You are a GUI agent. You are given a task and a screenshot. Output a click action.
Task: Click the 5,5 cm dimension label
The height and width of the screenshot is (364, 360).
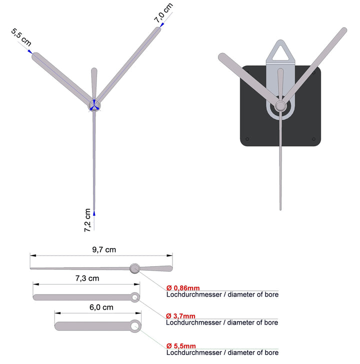coord(21,37)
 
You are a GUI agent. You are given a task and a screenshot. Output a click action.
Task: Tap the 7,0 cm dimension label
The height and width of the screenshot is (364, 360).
coord(163,13)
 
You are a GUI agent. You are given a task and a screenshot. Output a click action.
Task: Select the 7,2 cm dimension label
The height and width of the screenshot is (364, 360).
coord(87,220)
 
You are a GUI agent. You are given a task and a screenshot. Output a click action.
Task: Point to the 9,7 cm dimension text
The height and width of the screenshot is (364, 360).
coord(104,250)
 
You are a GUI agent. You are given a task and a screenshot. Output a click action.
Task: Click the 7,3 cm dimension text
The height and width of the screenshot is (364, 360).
coord(87,278)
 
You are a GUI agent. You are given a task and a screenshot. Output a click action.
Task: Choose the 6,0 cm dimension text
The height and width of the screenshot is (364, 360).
coord(101,307)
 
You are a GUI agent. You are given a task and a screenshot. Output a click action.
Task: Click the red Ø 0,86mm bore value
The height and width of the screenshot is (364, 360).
coord(183,288)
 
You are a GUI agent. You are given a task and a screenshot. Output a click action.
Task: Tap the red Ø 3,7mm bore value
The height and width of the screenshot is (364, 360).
coord(180,316)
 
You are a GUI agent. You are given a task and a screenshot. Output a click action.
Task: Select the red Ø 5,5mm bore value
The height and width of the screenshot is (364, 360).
coord(181,346)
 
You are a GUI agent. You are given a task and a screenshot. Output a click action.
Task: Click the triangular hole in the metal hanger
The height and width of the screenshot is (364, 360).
coord(280,53)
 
